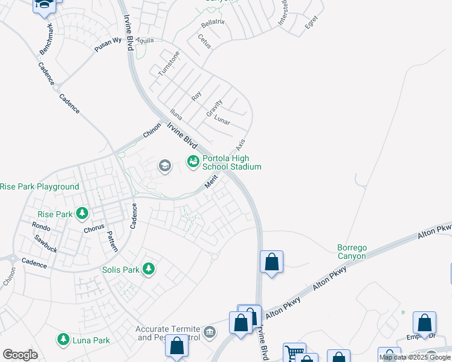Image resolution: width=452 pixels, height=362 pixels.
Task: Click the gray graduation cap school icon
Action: coord(164,166)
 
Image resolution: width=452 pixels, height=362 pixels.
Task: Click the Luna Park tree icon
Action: coord(63,340)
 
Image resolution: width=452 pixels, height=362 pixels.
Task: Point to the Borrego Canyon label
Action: coord(352,252)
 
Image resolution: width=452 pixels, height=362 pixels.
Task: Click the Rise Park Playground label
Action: coord(40,187)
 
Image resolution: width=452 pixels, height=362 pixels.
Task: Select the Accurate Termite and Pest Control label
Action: coord(168,333)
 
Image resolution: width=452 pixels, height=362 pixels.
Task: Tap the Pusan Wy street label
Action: coord(108,45)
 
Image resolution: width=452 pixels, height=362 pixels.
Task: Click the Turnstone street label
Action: coord(169,63)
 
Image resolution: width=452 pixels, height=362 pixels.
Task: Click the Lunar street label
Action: coord(222,121)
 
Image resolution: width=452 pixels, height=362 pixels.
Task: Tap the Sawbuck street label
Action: coord(46,240)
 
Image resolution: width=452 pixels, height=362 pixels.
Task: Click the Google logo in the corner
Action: coord(20,355)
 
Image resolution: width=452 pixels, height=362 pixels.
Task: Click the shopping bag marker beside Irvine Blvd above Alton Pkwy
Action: coord(272,262)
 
